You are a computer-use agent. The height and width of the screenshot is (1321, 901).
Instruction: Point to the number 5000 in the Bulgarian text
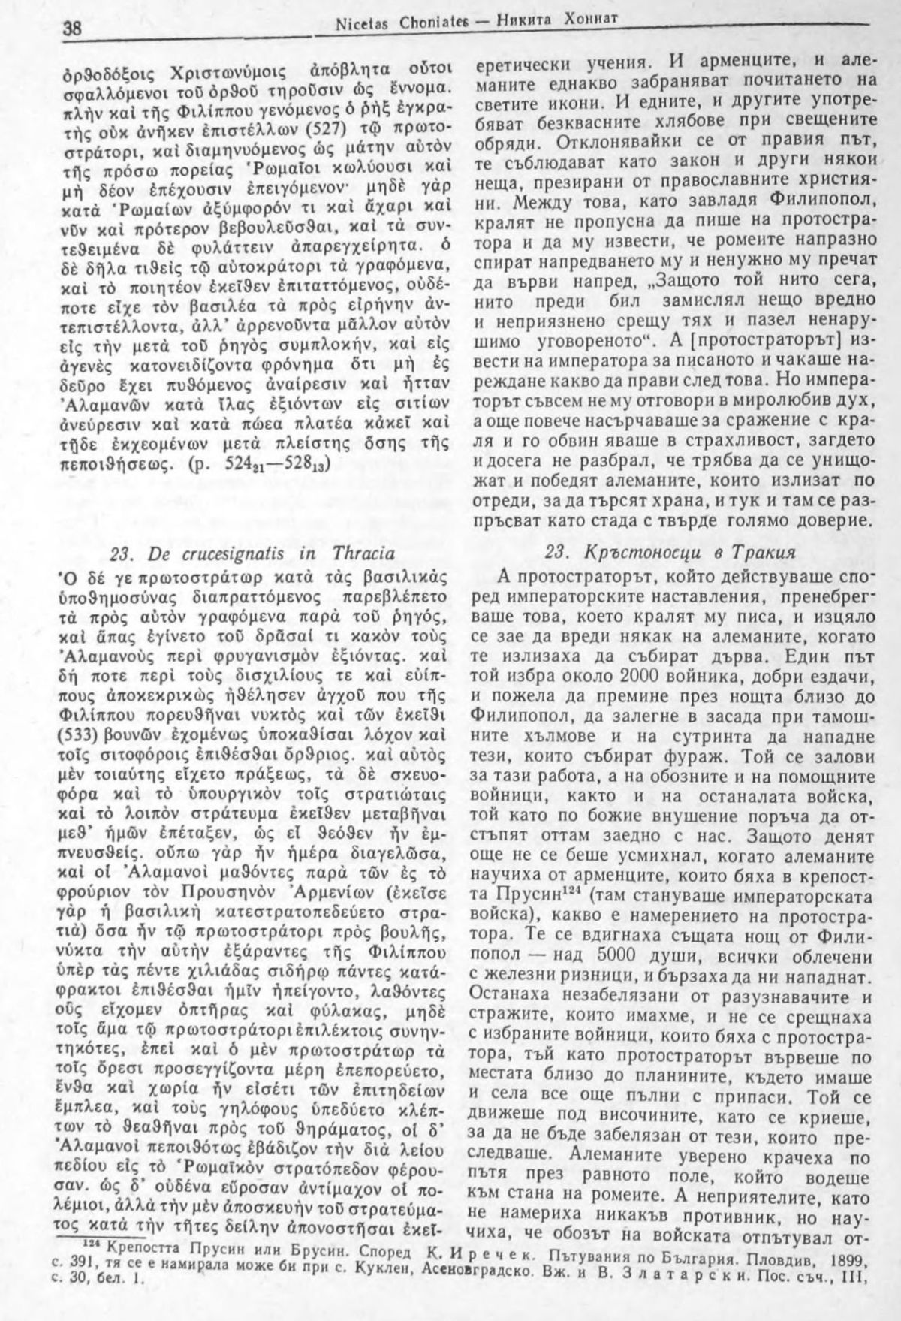pyautogui.click(x=667, y=942)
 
